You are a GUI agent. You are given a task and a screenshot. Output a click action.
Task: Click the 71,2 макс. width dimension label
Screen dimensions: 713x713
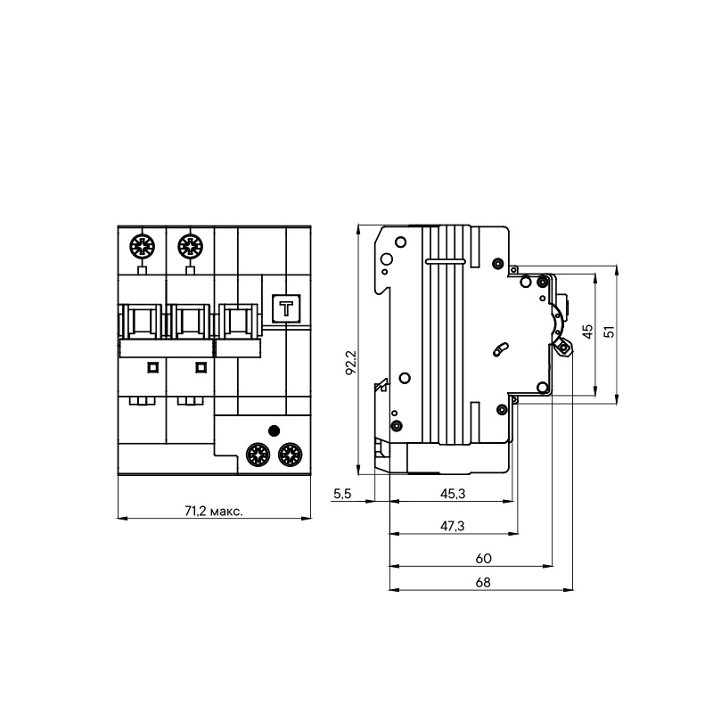[x=214, y=512]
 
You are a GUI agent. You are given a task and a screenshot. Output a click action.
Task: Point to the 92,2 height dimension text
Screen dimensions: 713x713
[x=351, y=362]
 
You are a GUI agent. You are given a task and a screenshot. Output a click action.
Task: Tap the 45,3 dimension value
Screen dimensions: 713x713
[x=453, y=493]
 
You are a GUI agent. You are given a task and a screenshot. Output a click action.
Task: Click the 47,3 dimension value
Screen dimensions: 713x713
[x=453, y=526]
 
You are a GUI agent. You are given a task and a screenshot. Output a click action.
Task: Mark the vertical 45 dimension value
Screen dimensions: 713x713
[x=587, y=331]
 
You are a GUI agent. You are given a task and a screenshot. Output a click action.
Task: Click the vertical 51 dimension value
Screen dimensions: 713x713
[x=610, y=331]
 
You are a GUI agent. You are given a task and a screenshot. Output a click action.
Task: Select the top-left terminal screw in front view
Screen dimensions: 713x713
[x=141, y=244]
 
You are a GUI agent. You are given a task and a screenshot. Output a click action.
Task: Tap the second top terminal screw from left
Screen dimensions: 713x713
[x=189, y=244]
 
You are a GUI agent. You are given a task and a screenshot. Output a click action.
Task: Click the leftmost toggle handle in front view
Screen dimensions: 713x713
[x=141, y=323]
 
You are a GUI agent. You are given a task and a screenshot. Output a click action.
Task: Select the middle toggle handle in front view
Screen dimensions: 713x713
[x=189, y=323]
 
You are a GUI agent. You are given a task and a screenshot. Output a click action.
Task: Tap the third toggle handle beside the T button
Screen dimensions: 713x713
[x=236, y=323]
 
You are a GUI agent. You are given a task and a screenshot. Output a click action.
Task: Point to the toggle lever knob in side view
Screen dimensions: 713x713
[x=563, y=347]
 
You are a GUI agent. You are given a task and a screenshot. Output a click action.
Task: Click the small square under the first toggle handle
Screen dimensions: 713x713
[x=152, y=366]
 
